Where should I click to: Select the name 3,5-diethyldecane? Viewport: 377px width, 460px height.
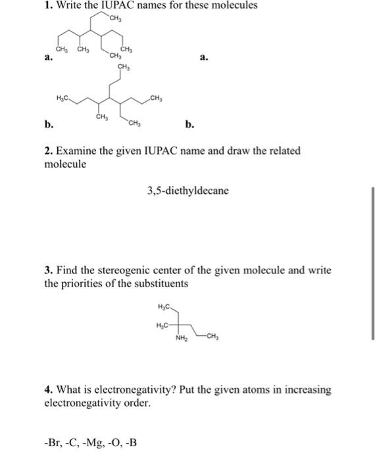[188, 191]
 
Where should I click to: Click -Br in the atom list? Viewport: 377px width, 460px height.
[51, 442]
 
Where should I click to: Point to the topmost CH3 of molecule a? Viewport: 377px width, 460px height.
[118, 18]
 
